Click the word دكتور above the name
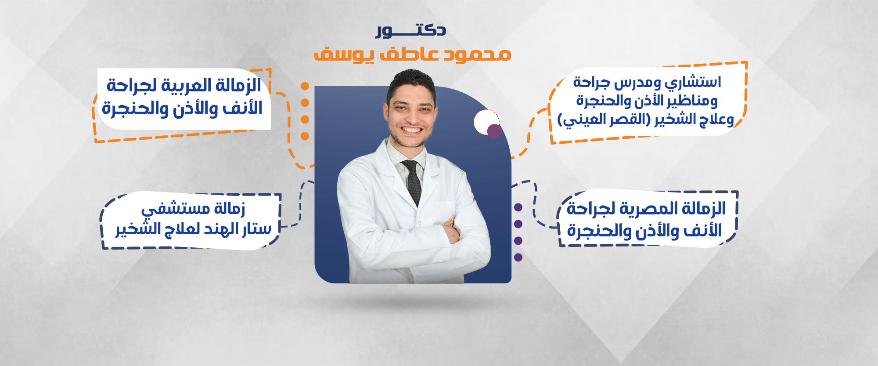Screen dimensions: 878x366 [x=411, y=30]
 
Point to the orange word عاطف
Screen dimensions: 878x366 [x=408, y=54]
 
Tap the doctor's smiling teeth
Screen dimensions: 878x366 [x=412, y=130]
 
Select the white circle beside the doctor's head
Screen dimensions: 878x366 [x=486, y=122]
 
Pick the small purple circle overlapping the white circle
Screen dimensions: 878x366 [x=494, y=131]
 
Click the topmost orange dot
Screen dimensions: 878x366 [x=305, y=86]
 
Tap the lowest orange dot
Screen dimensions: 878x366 [x=305, y=136]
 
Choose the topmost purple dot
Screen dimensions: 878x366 [x=518, y=207]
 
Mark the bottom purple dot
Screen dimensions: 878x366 [x=518, y=257]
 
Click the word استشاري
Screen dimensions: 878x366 [x=693, y=83]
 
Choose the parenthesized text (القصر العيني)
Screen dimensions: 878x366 [x=604, y=120]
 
